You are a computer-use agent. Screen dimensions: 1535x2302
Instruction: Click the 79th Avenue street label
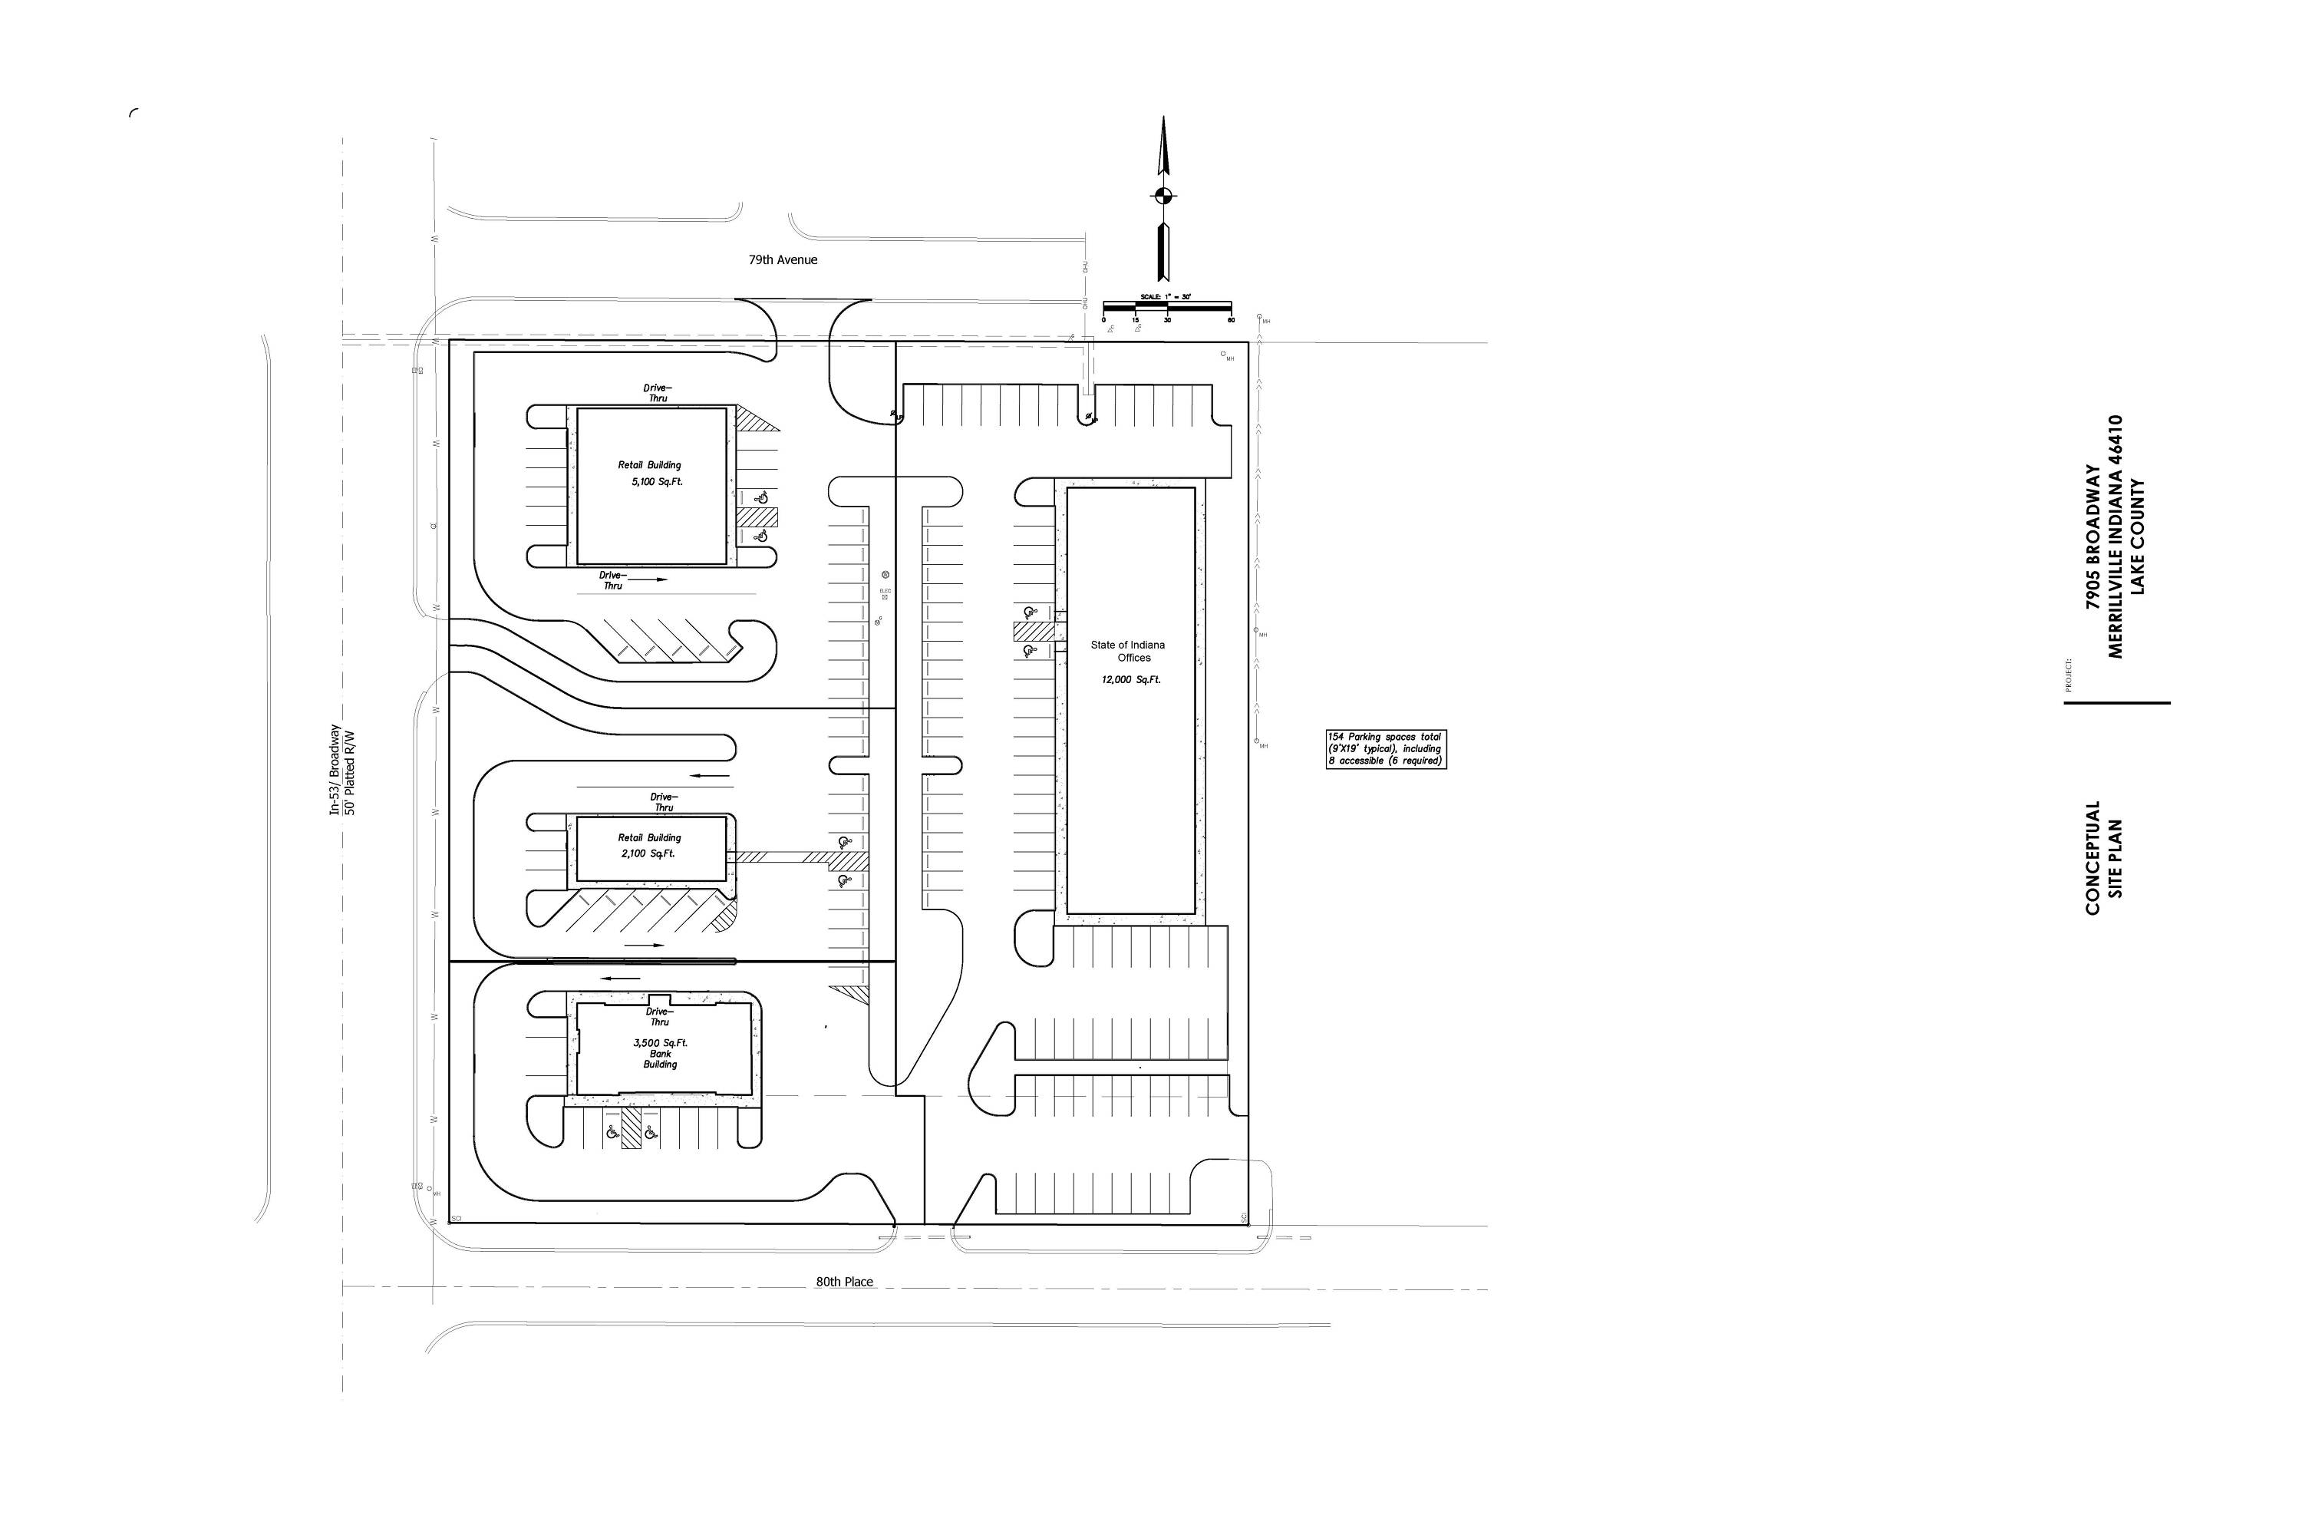pyautogui.click(x=782, y=260)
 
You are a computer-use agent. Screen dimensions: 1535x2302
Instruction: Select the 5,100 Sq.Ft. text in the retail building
pyautogui.click(x=657, y=482)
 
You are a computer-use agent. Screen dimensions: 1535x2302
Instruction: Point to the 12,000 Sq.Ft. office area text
pyautogui.click(x=1130, y=679)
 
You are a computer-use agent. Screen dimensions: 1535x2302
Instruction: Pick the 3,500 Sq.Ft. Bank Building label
pyautogui.click(x=660, y=1053)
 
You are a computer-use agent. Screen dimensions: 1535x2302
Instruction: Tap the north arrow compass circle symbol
pyautogui.click(x=1162, y=195)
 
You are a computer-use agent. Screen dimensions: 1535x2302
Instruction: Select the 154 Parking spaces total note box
pyautogui.click(x=1385, y=749)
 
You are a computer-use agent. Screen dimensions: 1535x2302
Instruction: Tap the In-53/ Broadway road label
pyautogui.click(x=335, y=771)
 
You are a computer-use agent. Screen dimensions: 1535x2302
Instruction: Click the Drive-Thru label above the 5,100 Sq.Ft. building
pyautogui.click(x=658, y=392)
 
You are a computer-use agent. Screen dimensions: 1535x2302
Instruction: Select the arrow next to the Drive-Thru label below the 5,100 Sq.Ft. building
pyautogui.click(x=647, y=579)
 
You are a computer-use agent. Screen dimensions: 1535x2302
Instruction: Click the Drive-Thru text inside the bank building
pyautogui.click(x=660, y=1016)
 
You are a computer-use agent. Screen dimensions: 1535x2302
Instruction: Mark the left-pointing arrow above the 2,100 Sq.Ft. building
pyautogui.click(x=711, y=776)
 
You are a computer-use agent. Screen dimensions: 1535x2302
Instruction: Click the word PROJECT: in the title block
pyautogui.click(x=2068, y=675)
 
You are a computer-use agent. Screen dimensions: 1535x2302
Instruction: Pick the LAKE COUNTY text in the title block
pyautogui.click(x=2138, y=536)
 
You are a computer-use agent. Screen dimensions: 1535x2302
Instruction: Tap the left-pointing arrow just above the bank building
pyautogui.click(x=621, y=978)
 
